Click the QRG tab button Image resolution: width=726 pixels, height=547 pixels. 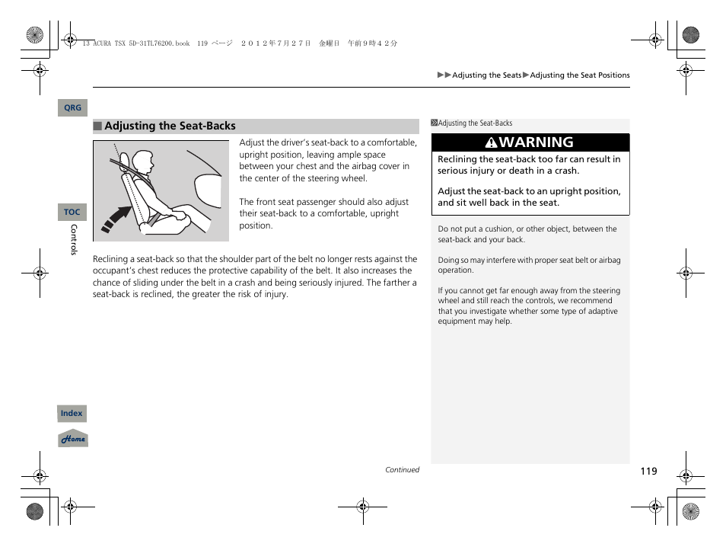[72, 108]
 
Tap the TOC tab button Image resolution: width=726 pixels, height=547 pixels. [72, 213]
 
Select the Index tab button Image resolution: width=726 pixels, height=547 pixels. [72, 414]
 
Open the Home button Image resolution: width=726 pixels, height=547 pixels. [73, 440]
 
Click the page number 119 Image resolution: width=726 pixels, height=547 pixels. [648, 472]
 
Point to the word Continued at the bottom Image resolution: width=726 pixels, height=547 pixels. [402, 470]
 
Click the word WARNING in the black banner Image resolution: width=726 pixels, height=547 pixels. [537, 142]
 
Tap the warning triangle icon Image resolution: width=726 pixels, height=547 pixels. [492, 143]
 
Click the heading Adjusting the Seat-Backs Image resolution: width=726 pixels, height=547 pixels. [170, 126]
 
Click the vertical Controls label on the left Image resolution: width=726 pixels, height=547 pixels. [74, 239]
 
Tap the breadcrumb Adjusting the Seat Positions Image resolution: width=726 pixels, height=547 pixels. [580, 75]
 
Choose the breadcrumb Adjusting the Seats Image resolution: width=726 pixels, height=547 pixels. [487, 75]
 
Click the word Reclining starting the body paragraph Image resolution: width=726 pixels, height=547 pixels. [110, 259]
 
